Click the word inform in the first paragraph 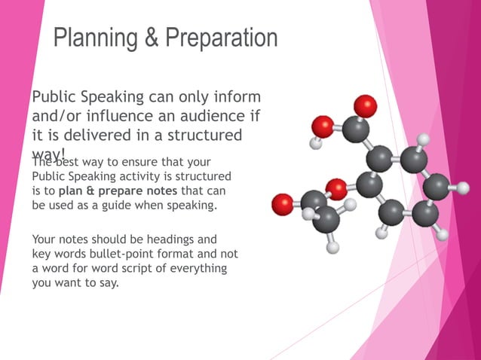click(x=235, y=98)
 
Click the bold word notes click(x=158, y=191)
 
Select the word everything click(x=201, y=269)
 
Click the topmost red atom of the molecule click(x=366, y=105)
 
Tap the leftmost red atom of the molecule click(x=283, y=203)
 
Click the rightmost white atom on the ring click(x=463, y=185)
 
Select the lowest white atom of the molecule click(x=333, y=246)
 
